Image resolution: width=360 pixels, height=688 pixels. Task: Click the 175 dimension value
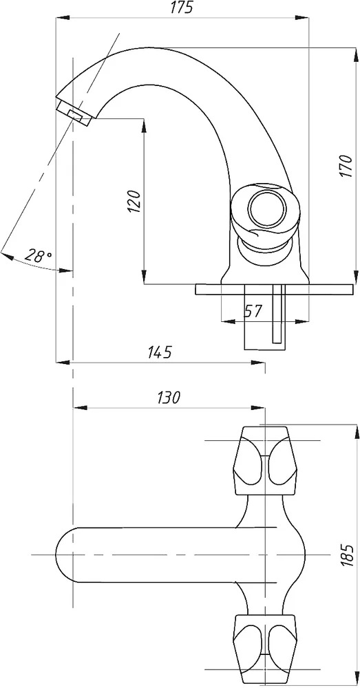(181, 8)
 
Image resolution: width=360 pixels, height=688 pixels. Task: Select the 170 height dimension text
(346, 166)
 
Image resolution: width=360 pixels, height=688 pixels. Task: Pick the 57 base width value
(253, 311)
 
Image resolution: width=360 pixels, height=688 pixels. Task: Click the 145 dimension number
(159, 352)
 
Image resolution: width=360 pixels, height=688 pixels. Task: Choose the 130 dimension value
(168, 398)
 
